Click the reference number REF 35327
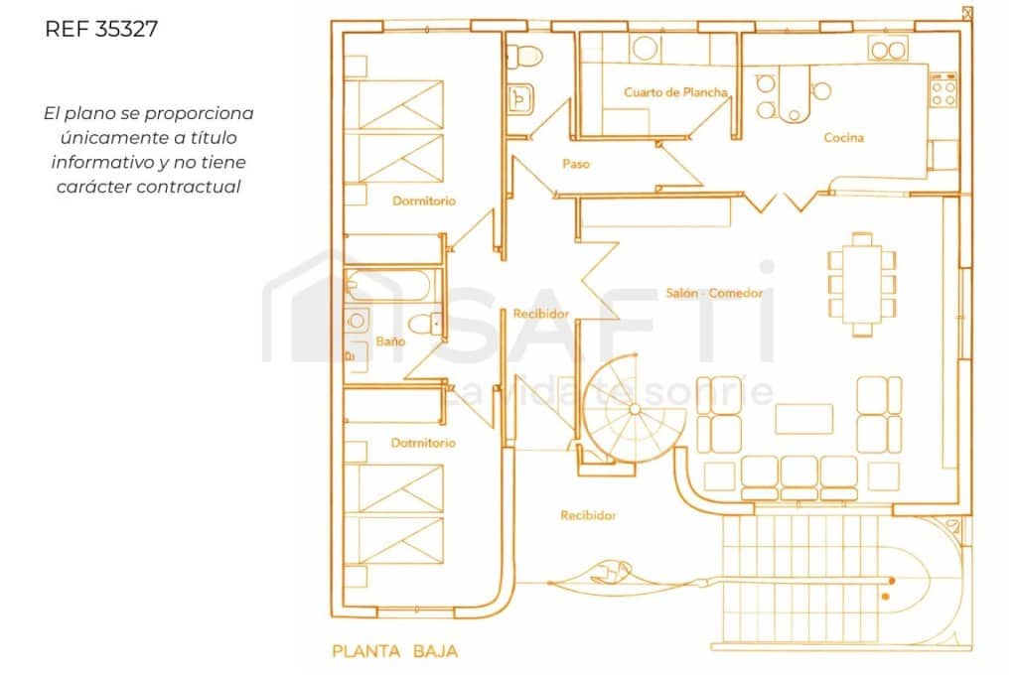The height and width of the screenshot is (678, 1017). [101, 29]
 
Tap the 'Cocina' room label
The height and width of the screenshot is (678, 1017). [843, 138]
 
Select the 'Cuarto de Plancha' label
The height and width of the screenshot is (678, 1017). [675, 92]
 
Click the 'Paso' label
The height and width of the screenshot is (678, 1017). [575, 164]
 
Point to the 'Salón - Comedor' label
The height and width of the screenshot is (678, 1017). [713, 294]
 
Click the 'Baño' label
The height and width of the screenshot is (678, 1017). [390, 340]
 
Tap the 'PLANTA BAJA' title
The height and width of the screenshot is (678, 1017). [394, 652]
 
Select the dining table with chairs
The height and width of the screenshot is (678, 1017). [862, 284]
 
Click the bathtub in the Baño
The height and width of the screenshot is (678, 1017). [389, 288]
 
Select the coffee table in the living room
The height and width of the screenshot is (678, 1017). [803, 418]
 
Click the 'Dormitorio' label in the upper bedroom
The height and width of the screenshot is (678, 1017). [423, 201]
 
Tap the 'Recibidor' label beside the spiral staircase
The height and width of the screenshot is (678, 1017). [540, 314]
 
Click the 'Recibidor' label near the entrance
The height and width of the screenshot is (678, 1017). [588, 515]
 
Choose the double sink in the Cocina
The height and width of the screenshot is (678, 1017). [888, 49]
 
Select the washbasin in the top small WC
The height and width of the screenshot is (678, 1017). [519, 97]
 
